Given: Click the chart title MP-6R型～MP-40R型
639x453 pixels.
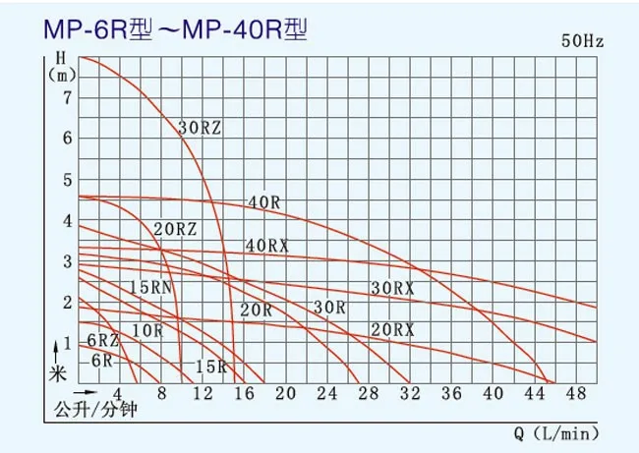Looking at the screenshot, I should tap(176, 30).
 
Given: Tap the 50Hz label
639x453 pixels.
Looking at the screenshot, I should tap(584, 41).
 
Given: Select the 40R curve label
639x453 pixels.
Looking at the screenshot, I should tap(265, 202).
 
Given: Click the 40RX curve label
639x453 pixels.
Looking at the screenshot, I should tap(267, 246).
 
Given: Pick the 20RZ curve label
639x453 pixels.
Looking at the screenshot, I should tap(175, 229).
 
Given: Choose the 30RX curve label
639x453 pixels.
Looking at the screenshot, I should tap(392, 288).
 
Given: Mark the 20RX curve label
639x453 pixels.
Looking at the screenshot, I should tap(392, 328).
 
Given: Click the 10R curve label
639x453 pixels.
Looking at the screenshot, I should tap(147, 330).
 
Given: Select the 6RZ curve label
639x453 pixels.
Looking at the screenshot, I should tap(103, 340).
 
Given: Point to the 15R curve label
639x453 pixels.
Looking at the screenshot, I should tap(210, 367).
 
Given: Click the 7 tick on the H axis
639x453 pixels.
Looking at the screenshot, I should tap(67, 96).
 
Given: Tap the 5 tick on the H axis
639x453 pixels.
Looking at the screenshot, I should tap(67, 179).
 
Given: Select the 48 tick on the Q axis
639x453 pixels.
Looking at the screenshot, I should tap(577, 394).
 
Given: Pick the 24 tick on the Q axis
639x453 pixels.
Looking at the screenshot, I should tap(327, 394).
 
